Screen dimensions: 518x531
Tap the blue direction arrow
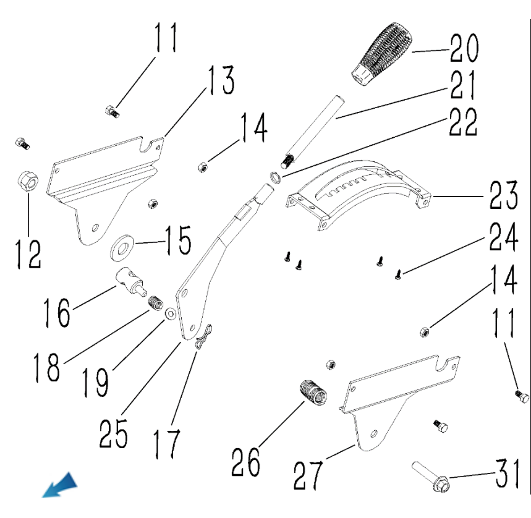[60, 485]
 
